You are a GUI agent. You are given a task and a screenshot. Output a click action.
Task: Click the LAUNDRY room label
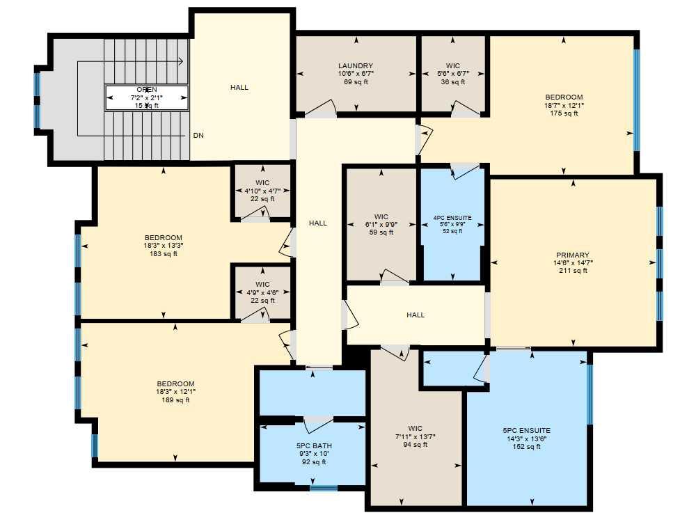[356, 66]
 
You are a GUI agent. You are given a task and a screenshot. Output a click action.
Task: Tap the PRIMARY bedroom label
[573, 255]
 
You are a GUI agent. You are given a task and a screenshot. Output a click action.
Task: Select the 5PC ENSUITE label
[526, 431]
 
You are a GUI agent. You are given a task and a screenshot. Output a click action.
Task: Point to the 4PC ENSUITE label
[452, 218]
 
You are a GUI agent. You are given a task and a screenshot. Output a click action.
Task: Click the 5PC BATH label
[313, 445]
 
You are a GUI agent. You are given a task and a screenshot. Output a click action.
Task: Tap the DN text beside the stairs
[198, 135]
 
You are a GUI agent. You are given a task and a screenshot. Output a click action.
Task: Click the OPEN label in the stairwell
[147, 90]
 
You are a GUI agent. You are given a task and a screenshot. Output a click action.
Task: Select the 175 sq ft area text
[564, 113]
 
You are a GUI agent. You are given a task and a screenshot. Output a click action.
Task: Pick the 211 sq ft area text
[573, 271]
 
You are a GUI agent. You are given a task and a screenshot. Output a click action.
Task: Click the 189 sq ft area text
[175, 400]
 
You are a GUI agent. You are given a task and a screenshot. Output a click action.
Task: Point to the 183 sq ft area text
[164, 254]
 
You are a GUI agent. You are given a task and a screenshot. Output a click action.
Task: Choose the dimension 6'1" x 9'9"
[381, 225]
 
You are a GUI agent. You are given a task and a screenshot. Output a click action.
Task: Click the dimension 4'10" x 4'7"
[262, 191]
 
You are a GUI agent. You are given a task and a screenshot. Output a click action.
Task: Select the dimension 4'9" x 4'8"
[262, 292]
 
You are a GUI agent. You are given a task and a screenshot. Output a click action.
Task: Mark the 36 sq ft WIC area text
[453, 82]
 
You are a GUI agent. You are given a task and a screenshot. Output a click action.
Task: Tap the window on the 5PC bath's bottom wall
[323, 488]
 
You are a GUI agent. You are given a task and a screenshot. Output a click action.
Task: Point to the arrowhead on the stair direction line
[180, 62]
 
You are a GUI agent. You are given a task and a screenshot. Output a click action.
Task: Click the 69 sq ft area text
[356, 82]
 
